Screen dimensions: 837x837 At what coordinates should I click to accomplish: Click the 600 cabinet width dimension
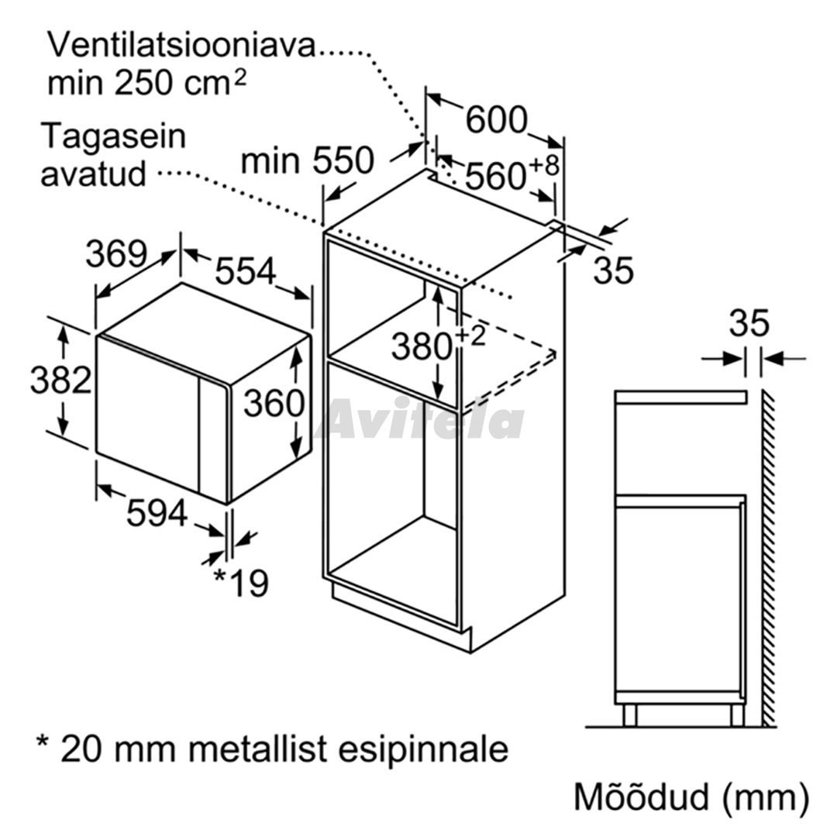tap(497, 120)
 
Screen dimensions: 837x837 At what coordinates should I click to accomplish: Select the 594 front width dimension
tap(157, 513)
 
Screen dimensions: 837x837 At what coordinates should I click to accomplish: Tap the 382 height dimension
tap(61, 380)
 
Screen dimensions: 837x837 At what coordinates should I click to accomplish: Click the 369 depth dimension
tap(116, 253)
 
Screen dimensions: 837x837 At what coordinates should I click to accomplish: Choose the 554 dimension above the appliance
tap(246, 270)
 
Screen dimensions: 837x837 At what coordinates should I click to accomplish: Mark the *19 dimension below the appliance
tap(241, 582)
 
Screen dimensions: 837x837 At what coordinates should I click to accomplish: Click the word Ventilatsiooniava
tap(182, 46)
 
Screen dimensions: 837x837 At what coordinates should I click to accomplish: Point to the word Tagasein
tap(114, 137)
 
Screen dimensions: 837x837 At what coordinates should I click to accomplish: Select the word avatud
tap(94, 174)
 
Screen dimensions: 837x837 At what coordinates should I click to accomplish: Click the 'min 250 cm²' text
tap(147, 82)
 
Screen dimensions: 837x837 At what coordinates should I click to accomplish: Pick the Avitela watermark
tap(420, 419)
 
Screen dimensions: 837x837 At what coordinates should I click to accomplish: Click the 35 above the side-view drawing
tap(749, 322)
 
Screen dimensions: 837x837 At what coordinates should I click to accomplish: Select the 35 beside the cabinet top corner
tap(613, 270)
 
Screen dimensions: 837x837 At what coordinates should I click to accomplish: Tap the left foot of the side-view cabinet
tap(630, 715)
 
